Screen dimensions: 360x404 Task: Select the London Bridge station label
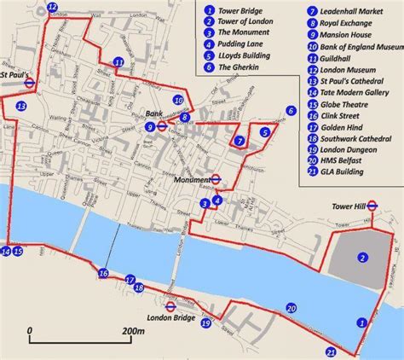click(x=166, y=318)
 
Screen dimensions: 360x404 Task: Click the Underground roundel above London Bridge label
click(x=170, y=305)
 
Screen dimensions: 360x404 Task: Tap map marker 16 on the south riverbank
click(x=103, y=274)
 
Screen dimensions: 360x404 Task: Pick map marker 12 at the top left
click(x=53, y=9)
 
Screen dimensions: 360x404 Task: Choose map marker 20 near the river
click(x=291, y=309)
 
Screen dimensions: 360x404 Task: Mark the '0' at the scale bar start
click(x=30, y=330)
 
